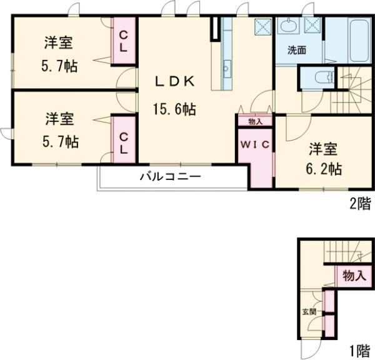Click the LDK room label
pos(176,81)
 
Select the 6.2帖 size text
pos(324,169)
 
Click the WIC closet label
pos(254,145)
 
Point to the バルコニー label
pos(170,177)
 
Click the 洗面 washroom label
pos(296,50)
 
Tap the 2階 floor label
pos(359,202)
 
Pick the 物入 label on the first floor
pos(354,276)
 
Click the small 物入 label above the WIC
pos(254,121)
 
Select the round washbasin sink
pos(289,26)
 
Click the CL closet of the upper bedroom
pos(124,40)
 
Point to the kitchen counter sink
pos(226,65)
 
